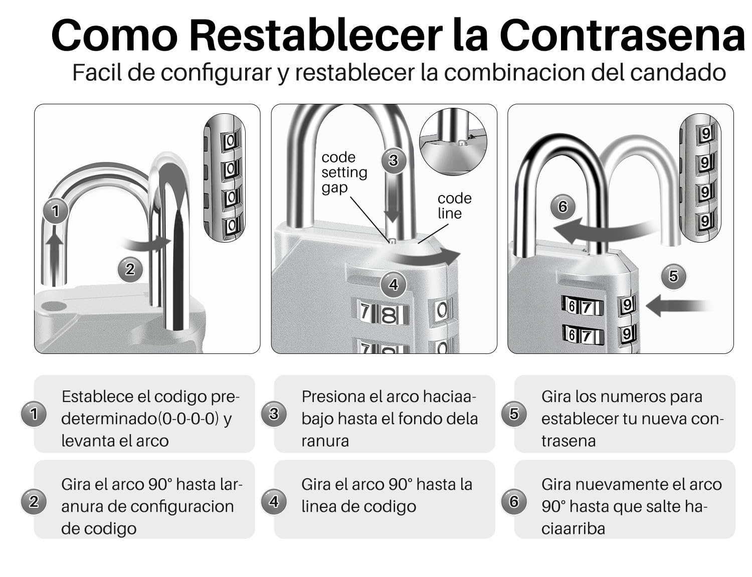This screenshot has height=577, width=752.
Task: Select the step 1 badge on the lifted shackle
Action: [x=55, y=211]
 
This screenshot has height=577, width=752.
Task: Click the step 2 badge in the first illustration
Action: [x=130, y=269]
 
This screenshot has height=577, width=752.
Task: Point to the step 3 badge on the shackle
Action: [x=394, y=160]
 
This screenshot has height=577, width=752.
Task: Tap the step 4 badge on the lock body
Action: [x=394, y=285]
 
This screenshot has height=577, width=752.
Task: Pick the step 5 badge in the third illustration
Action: [x=673, y=276]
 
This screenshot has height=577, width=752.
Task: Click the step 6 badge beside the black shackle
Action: [x=562, y=207]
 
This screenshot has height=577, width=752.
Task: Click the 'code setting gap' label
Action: [x=344, y=172]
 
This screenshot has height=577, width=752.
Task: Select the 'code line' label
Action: [x=454, y=206]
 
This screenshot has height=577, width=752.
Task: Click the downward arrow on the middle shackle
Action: [x=392, y=200]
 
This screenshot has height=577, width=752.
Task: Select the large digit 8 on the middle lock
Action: [x=389, y=314]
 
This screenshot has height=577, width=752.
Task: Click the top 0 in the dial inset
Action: [x=231, y=140]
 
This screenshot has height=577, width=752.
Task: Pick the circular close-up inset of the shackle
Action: [x=453, y=141]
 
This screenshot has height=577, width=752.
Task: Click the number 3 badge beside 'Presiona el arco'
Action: [x=273, y=414]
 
